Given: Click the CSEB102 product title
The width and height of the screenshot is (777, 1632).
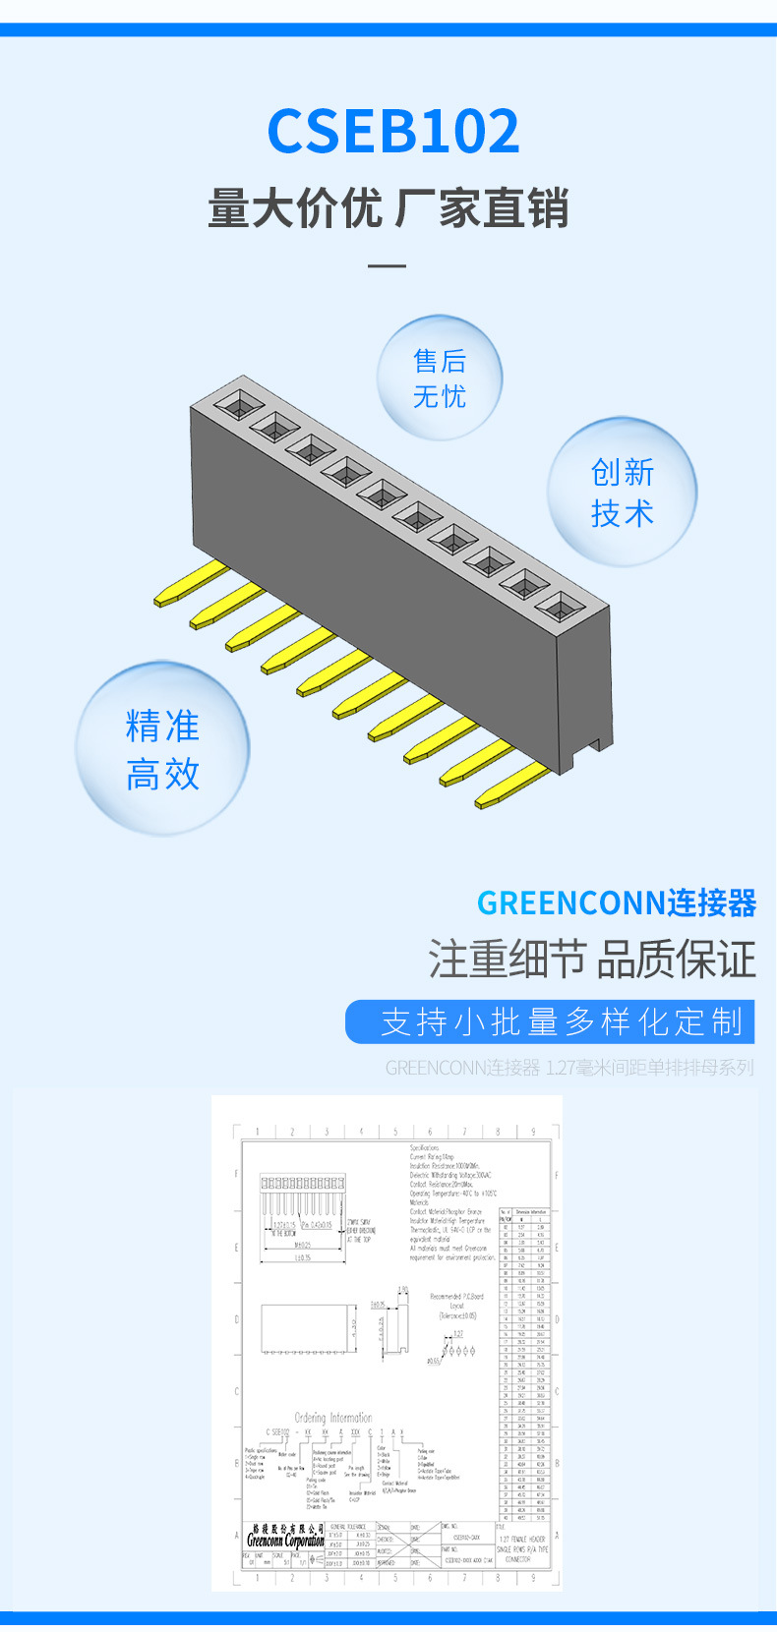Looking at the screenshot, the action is point(393,132).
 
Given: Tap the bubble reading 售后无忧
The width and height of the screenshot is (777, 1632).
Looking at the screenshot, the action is point(440,379).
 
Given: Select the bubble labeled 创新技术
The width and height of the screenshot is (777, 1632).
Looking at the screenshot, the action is point(622,493).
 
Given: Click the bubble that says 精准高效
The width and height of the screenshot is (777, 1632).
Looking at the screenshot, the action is point(162,750).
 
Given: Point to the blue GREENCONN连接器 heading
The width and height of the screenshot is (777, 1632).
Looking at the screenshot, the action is point(617,903).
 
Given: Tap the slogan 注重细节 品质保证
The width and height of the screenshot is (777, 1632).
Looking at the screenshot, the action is point(592,960).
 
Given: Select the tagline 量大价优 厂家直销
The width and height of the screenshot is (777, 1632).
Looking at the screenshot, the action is point(388,209).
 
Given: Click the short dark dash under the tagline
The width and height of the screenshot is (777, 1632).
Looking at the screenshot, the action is point(387,265).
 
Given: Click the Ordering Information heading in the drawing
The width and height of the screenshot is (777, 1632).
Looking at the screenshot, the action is point(333,1418).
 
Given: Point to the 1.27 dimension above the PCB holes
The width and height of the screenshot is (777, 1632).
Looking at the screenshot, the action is point(457,1334).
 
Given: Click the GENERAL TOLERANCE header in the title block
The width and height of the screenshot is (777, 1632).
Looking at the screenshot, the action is point(348,1527).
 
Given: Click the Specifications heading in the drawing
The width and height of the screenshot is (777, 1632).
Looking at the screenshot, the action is point(424,1148).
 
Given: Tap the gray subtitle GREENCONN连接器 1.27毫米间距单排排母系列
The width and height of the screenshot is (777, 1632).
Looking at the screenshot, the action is point(569,1068).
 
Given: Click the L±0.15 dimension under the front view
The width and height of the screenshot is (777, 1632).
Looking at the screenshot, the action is point(302,1257).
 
